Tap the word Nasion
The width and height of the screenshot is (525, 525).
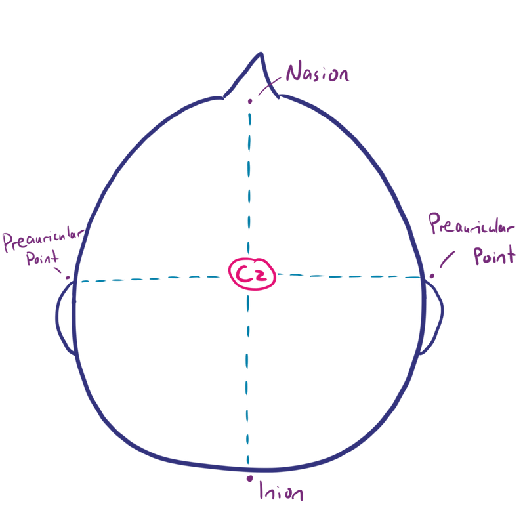pyautogui.click(x=318, y=72)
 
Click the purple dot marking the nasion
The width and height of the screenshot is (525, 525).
pyautogui.click(x=250, y=101)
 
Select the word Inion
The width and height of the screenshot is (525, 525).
pyautogui.click(x=282, y=491)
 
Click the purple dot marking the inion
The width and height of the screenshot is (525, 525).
pyautogui.click(x=249, y=479)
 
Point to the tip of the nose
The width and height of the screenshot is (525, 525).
pyautogui.click(x=261, y=53)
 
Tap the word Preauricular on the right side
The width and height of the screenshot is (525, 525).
pyautogui.click(x=471, y=224)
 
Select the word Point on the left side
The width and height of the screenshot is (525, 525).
pyautogui.click(x=43, y=258)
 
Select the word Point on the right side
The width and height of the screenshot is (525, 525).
pyautogui.click(x=495, y=255)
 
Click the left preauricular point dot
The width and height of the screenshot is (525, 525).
pyautogui.click(x=68, y=278)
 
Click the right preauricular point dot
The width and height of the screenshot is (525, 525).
pyautogui.click(x=432, y=276)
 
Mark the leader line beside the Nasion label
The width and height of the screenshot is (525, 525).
pyautogui.click(x=270, y=87)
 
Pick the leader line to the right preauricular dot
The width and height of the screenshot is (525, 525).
pyautogui.click(x=448, y=259)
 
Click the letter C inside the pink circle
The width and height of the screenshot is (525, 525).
pyautogui.click(x=242, y=274)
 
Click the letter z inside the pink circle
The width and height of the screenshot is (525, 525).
pyautogui.click(x=260, y=276)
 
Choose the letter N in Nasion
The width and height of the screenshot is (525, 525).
pyautogui.click(x=293, y=72)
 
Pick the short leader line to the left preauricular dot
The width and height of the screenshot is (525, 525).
pyautogui.click(x=58, y=270)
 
